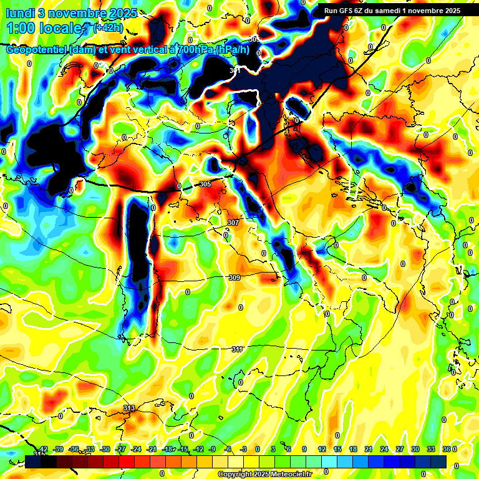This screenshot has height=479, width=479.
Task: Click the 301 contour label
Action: (235, 71)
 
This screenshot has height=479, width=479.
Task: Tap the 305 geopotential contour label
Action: (206, 184)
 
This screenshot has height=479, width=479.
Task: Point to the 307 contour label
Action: (233, 223)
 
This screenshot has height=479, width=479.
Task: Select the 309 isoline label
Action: (235, 278)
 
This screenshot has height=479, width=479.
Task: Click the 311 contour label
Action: (237, 349)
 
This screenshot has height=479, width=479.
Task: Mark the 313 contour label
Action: (129, 408)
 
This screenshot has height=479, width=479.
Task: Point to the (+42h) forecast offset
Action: (107, 28)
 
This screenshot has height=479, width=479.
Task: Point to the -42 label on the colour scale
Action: (43, 449)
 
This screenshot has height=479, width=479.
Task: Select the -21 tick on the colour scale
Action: (152, 449)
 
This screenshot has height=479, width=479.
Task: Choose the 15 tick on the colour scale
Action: (337, 449)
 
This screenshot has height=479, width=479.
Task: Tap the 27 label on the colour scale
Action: (399, 449)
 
